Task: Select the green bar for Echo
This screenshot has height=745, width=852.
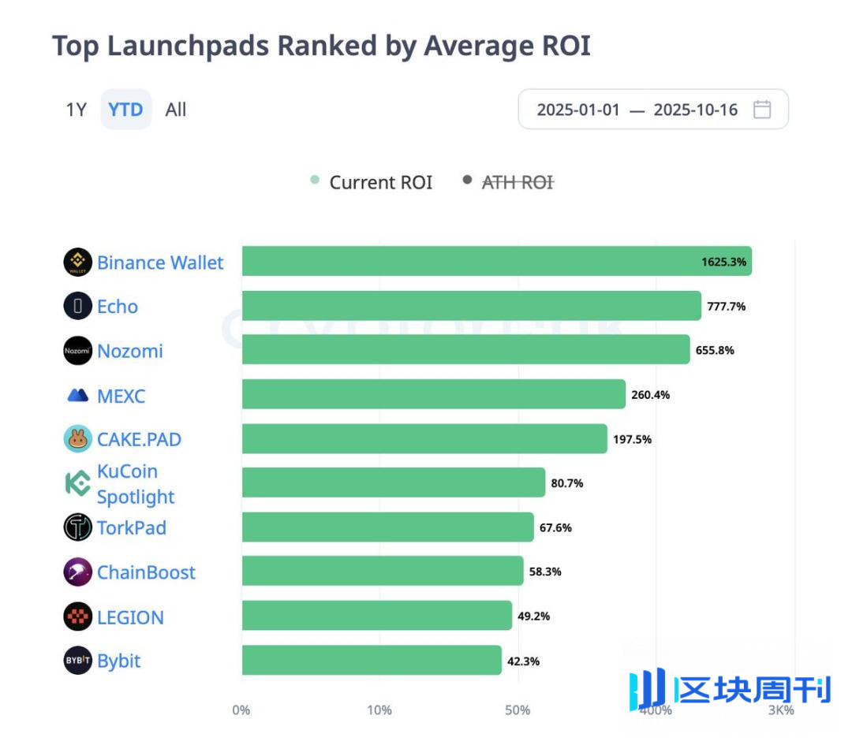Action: (471, 306)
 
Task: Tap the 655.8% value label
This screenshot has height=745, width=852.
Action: (715, 350)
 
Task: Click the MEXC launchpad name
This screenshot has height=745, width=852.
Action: (121, 396)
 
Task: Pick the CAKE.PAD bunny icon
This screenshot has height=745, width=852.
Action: (77, 439)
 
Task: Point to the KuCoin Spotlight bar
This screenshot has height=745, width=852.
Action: (393, 482)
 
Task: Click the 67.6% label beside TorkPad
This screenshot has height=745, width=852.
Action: (556, 527)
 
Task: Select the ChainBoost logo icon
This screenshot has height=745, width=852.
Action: (77, 572)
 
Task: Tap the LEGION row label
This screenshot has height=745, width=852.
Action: (130, 617)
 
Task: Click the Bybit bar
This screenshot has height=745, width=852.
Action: (371, 660)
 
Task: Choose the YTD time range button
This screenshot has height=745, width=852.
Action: (125, 110)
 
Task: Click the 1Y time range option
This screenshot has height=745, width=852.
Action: (76, 110)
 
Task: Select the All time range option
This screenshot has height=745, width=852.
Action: (175, 110)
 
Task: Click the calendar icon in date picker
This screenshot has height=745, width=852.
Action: (761, 110)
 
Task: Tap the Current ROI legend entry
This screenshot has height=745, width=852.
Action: (380, 182)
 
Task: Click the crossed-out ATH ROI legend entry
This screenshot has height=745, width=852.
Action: (517, 182)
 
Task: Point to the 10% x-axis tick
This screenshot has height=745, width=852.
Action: (379, 710)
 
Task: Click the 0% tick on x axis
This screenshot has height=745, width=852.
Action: (241, 710)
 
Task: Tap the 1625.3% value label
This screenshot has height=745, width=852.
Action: (723, 262)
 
